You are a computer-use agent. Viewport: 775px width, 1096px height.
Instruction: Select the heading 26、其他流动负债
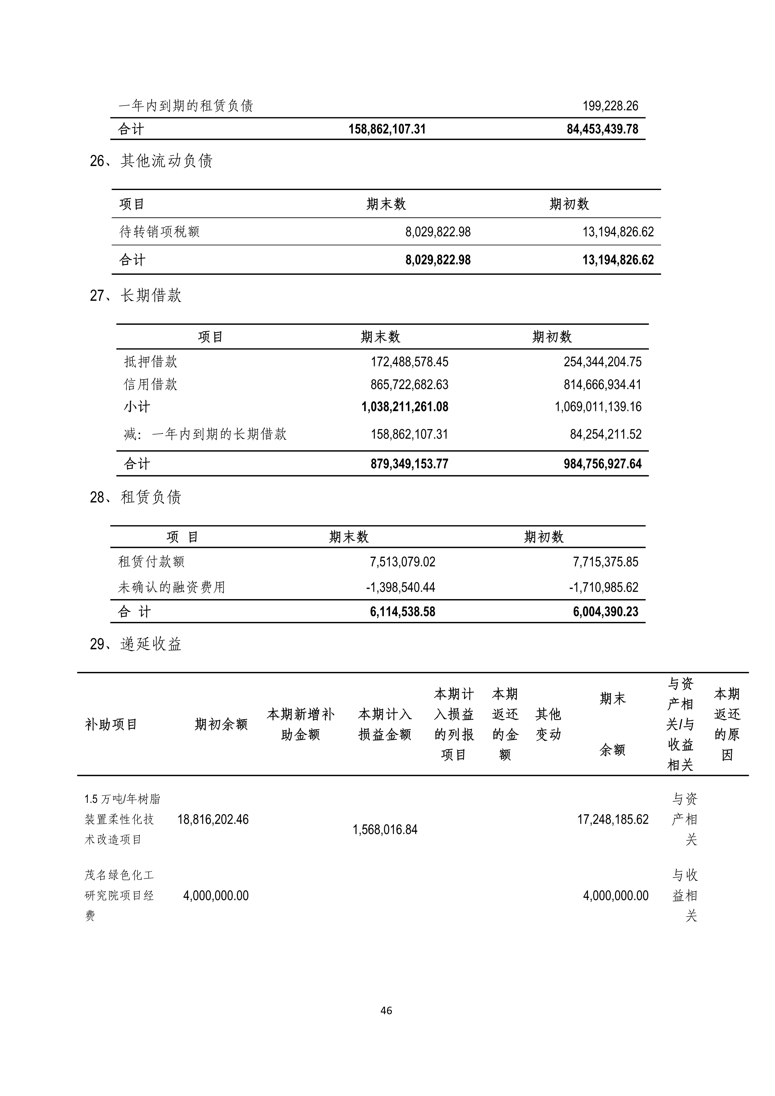[x=151, y=161]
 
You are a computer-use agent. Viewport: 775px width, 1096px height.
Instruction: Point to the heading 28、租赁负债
[x=136, y=498]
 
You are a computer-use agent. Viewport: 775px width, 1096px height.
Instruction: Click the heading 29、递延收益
[x=136, y=644]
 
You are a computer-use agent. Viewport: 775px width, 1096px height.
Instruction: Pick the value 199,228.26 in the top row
[x=610, y=106]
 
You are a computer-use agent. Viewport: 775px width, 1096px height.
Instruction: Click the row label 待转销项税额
[x=159, y=232]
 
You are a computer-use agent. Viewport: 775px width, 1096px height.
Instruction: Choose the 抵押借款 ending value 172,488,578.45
[x=409, y=362]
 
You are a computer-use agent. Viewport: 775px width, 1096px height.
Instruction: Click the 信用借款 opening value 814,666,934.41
[x=602, y=385]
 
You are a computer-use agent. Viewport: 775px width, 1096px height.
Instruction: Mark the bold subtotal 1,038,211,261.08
[x=405, y=407]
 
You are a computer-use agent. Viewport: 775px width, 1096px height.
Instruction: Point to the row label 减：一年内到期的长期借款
[x=205, y=434]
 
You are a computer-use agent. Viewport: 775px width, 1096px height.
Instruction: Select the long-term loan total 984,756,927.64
[x=602, y=464]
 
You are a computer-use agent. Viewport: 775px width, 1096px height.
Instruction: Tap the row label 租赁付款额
[x=151, y=562]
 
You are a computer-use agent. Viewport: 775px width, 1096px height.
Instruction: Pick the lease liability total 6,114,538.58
[x=402, y=612]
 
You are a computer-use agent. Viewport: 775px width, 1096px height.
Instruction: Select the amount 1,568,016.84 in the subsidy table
[x=385, y=830]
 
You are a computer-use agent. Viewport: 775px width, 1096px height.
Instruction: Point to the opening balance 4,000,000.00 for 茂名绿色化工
[x=216, y=895]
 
